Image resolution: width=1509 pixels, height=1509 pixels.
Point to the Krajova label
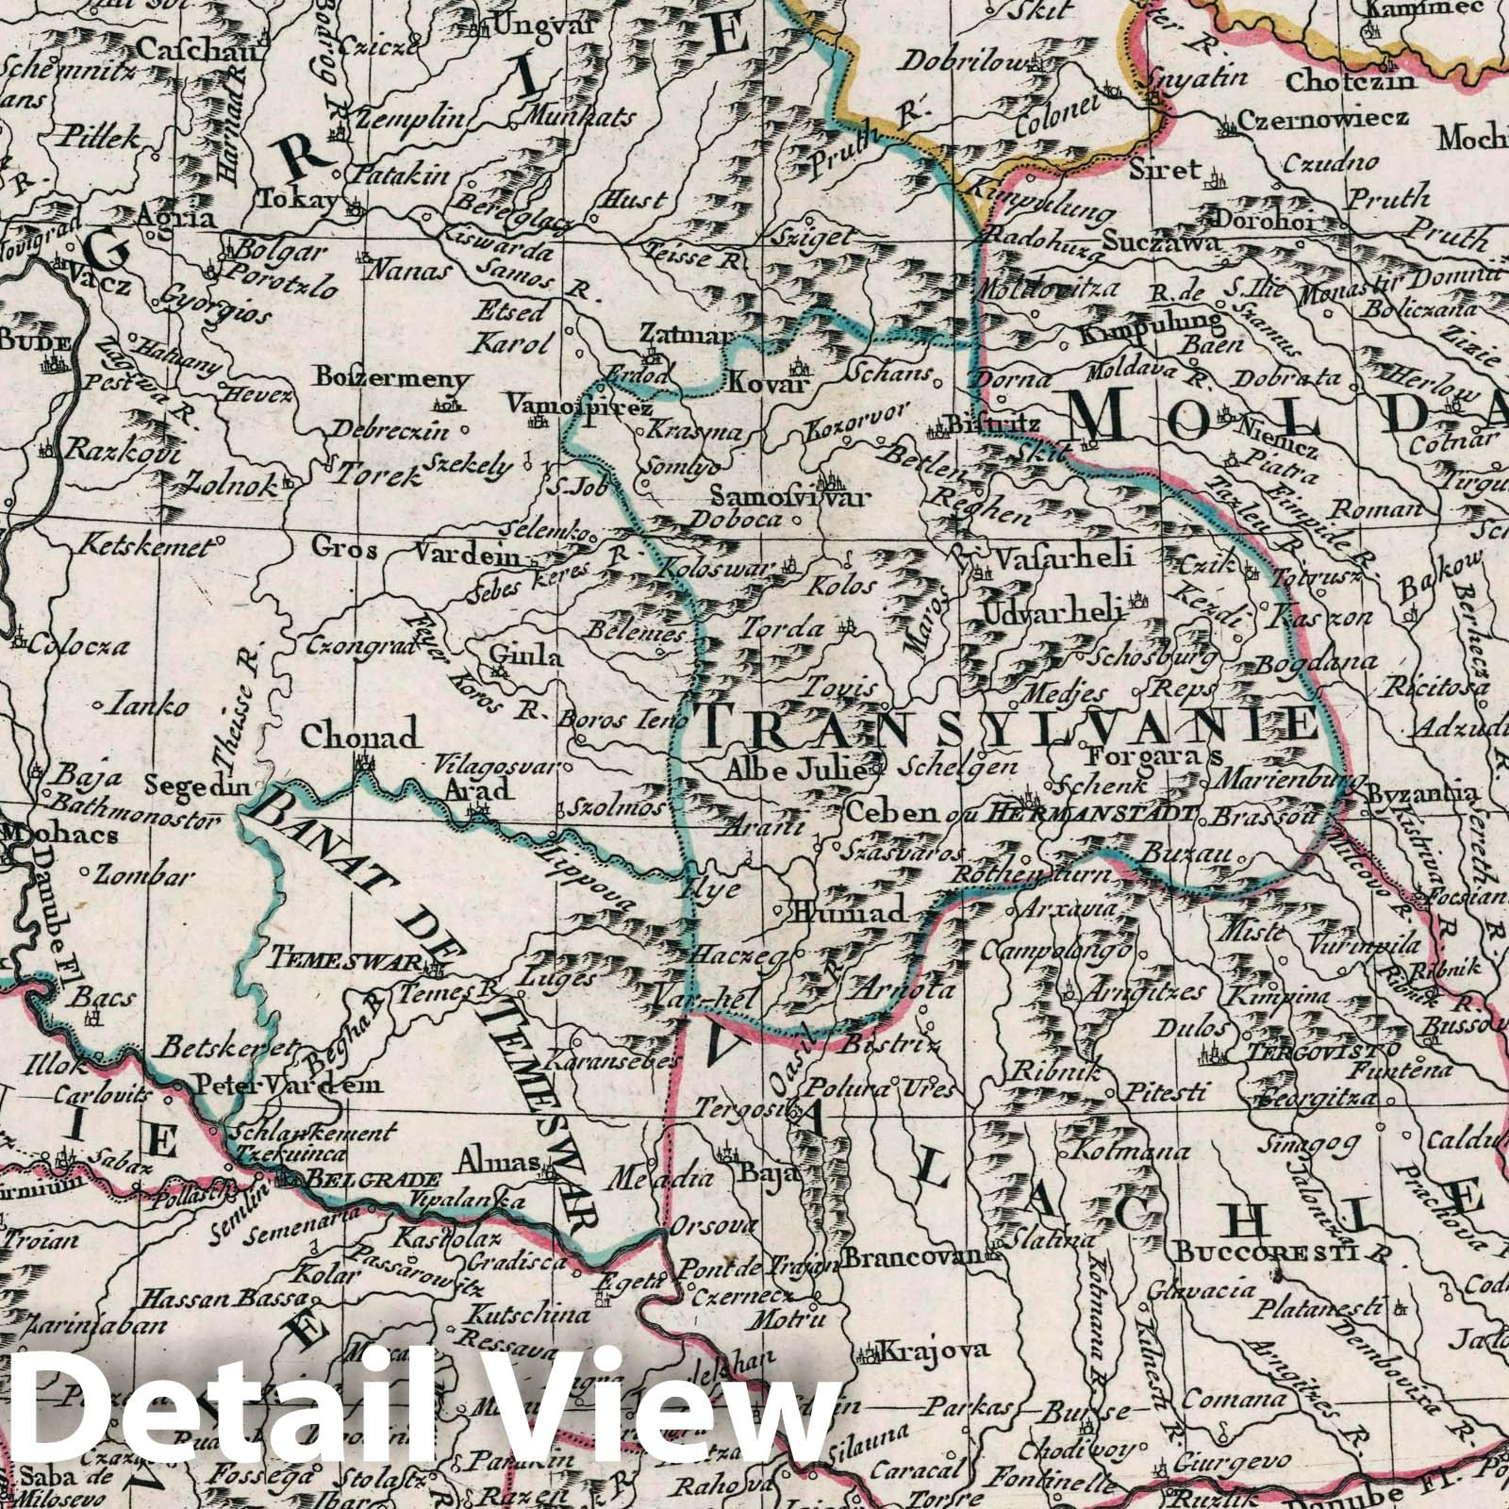point(934,1351)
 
